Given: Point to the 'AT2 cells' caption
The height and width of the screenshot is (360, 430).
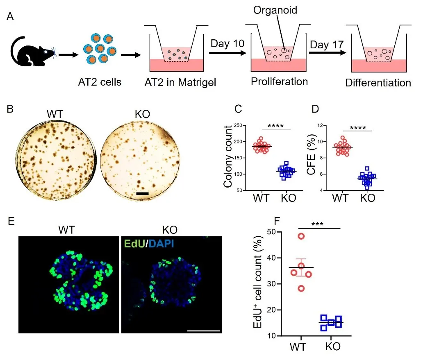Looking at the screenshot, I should pos(100,82).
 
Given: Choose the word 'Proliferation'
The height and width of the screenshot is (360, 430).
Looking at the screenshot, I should pos(279,81).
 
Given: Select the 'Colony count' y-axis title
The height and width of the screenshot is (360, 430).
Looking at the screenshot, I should pos(228,158).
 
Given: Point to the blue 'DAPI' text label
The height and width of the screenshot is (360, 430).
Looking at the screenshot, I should pos(162,245).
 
